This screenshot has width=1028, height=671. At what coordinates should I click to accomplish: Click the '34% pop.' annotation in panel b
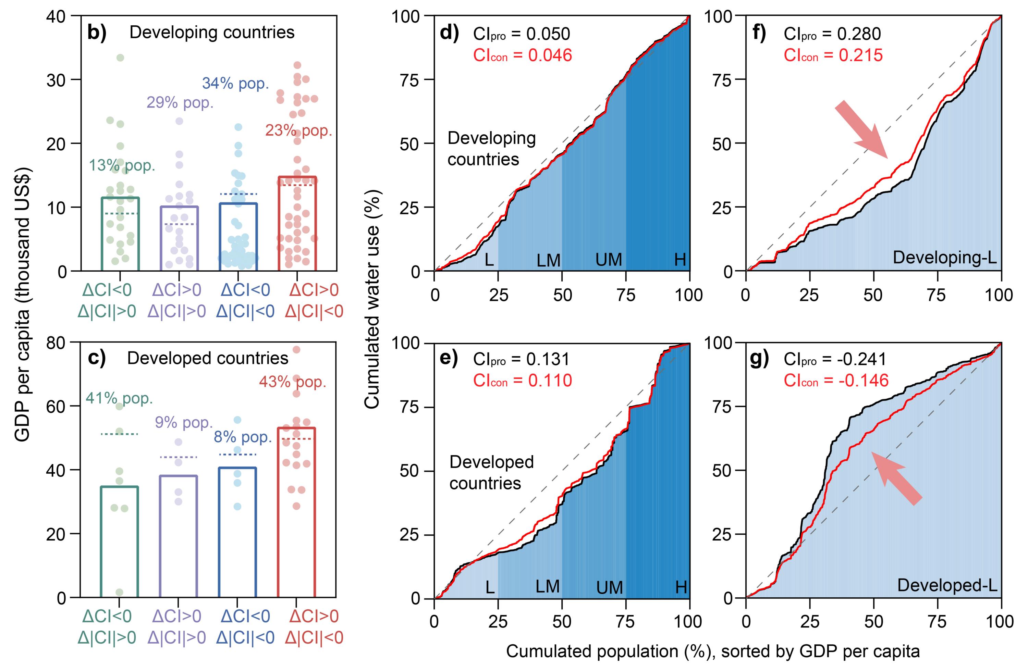click(235, 83)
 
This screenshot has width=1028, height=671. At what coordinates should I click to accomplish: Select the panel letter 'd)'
click(449, 33)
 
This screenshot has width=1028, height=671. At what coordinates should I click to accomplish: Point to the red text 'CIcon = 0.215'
click(833, 55)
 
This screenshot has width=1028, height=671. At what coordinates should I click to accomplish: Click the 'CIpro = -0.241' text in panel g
click(834, 359)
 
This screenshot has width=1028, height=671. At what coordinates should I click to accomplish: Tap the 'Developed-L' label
click(947, 585)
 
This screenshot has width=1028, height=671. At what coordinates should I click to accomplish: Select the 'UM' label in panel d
click(609, 260)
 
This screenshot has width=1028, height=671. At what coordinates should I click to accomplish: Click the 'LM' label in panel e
click(548, 586)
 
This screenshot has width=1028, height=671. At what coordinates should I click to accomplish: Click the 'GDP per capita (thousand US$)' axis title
click(23, 305)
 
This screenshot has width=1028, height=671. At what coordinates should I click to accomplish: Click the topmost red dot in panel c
click(296, 349)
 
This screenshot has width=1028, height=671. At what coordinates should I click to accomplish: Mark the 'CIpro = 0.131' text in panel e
click(521, 359)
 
